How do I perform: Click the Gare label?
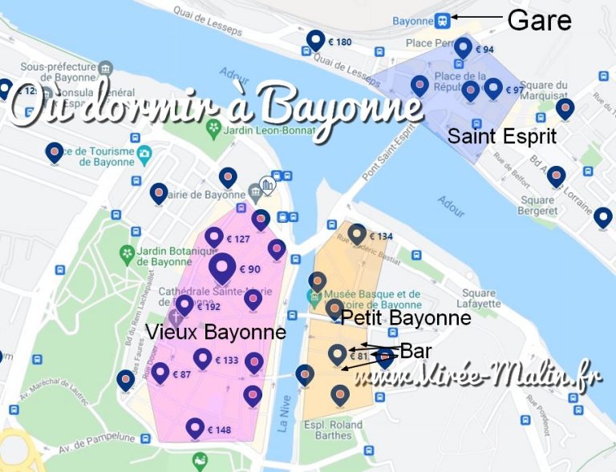[x=539, y=19]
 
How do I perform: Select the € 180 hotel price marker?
[x=315, y=39]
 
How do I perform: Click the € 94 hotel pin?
[x=463, y=48]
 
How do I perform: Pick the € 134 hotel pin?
[x=358, y=234]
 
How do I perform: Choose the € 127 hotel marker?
[x=214, y=237]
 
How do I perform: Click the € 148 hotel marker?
[x=195, y=428]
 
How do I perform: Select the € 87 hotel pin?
[x=160, y=373]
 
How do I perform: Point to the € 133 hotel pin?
[x=202, y=359]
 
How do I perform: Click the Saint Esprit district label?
[x=502, y=135]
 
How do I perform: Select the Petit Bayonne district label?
[x=405, y=318]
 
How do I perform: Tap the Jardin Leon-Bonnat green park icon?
[x=214, y=128]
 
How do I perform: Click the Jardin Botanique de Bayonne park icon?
[x=127, y=254]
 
